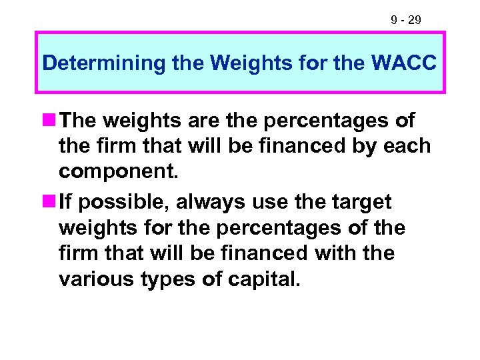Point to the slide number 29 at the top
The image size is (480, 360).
click(x=413, y=21)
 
